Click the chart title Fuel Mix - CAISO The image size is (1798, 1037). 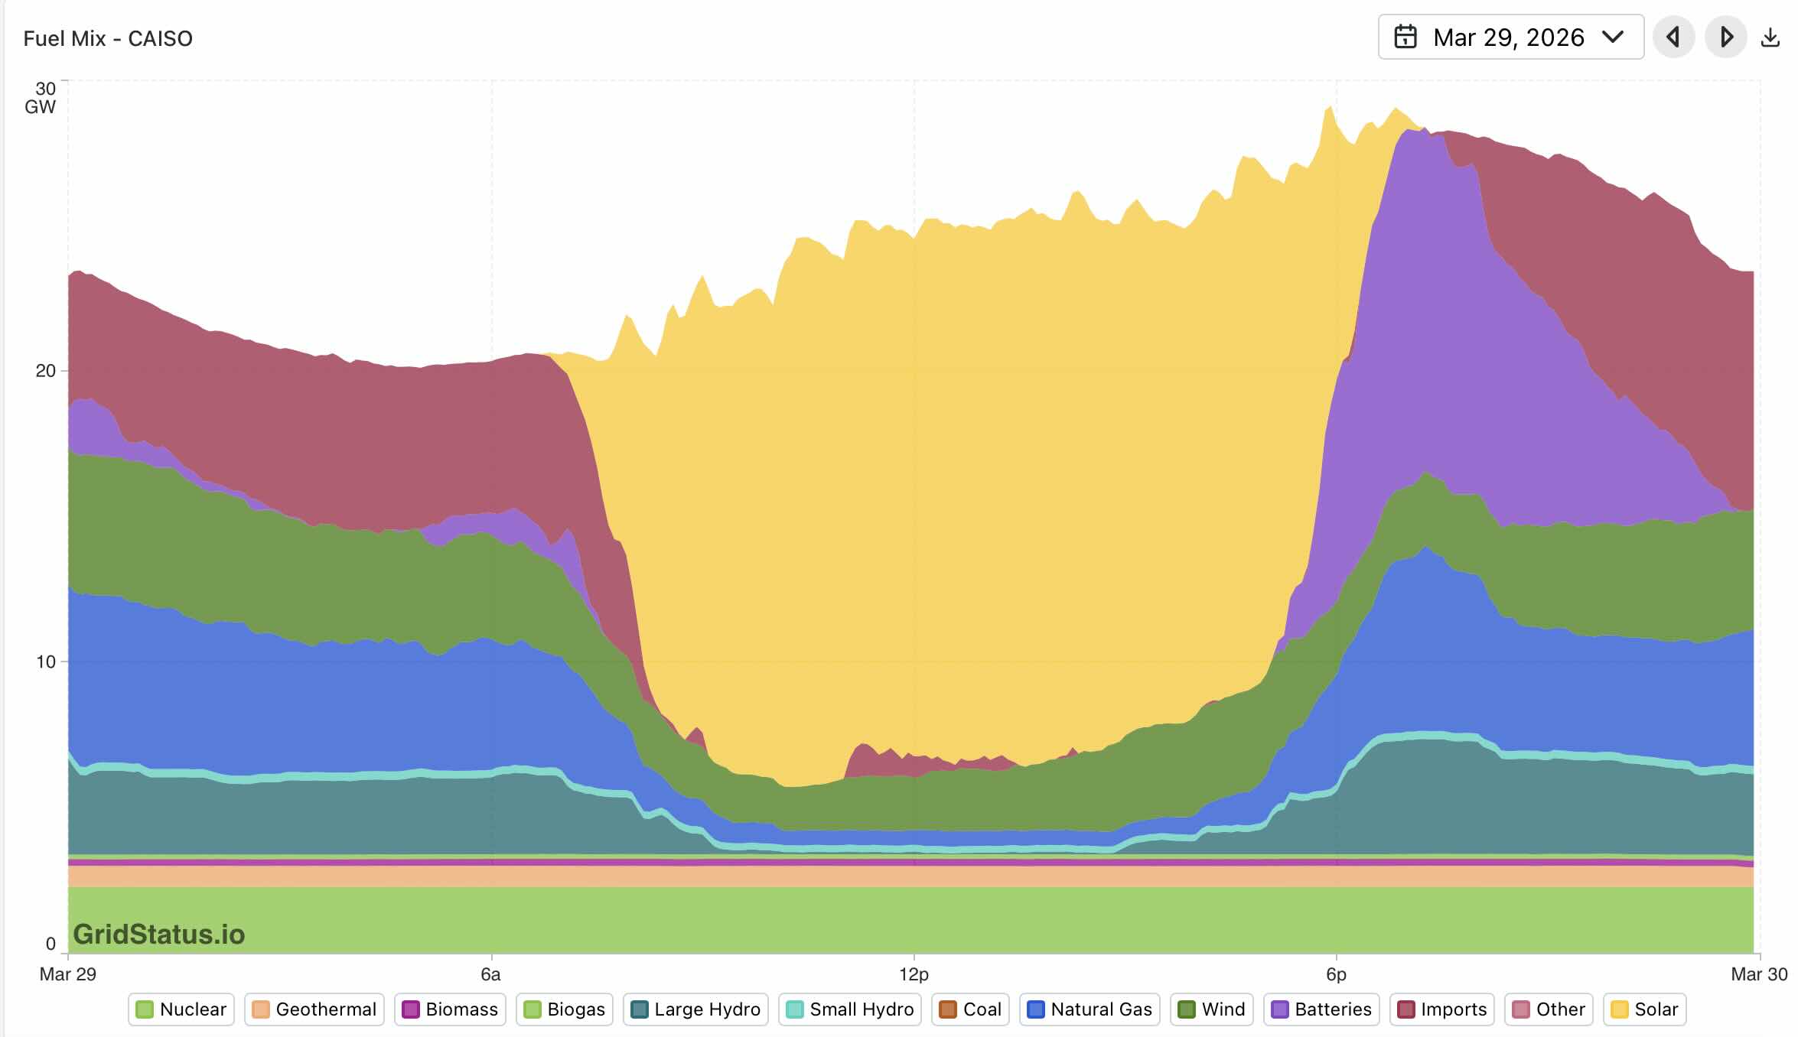point(108,38)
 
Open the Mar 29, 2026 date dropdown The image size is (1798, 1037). point(1510,37)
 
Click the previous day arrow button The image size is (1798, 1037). point(1673,37)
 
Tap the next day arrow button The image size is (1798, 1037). point(1726,37)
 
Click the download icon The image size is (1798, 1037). point(1770,37)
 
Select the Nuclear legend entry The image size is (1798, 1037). point(181,1009)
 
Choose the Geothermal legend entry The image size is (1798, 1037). point(314,1009)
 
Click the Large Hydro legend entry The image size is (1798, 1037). point(695,1009)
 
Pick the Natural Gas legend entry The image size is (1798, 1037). point(1090,1009)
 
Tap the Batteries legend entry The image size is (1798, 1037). point(1321,1009)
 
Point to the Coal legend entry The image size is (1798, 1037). point(971,1009)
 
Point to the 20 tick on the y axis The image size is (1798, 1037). point(46,371)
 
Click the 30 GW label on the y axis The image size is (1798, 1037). point(41,98)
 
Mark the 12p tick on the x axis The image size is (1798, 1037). point(914,974)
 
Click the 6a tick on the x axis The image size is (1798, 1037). point(490,974)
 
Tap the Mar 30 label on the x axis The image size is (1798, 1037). point(1759,974)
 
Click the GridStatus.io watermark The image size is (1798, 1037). point(159,935)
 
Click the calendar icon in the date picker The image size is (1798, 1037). point(1406,37)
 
